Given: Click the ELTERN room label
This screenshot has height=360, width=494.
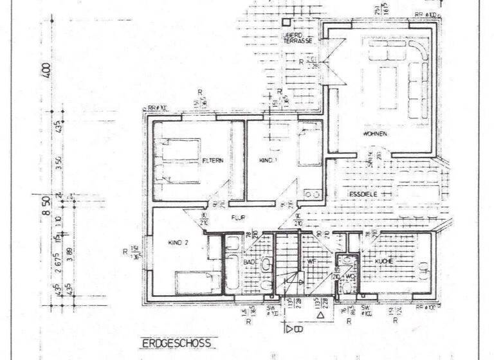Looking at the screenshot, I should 212,161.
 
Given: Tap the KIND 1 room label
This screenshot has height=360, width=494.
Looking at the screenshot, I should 267,159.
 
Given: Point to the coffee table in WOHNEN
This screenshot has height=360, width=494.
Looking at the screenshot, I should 388,82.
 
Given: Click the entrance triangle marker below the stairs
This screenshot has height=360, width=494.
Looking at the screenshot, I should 320,316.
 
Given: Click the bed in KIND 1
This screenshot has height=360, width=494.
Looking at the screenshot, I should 309,145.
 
